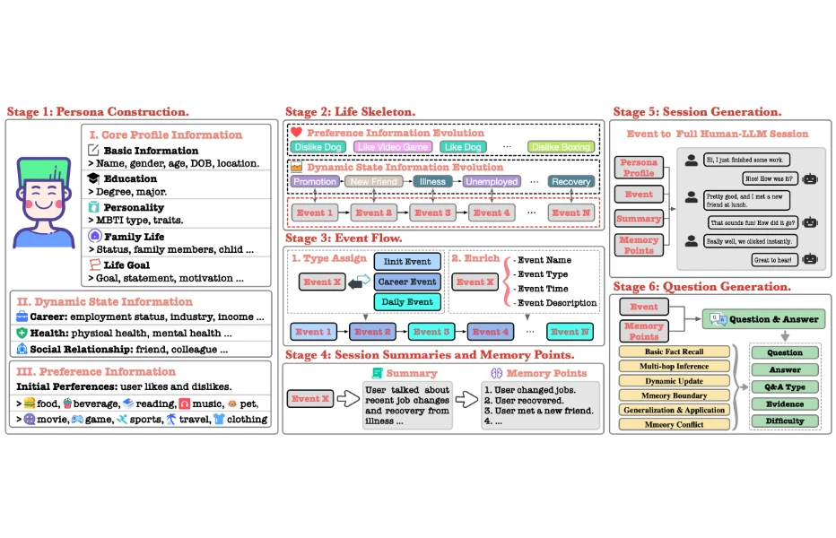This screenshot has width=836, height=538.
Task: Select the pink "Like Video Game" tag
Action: [x=391, y=146]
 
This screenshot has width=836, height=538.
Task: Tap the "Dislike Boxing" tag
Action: [x=561, y=146]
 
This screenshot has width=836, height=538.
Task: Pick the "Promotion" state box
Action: [x=314, y=181]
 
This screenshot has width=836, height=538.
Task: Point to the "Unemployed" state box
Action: [x=491, y=181]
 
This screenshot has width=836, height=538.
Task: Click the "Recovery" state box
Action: [x=571, y=181]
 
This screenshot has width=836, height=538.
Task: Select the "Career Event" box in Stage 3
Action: [x=407, y=282]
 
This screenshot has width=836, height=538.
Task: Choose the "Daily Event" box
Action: [x=407, y=301]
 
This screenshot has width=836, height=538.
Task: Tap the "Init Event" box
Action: [x=407, y=262]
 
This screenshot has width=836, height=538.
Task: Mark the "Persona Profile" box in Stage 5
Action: [x=639, y=168]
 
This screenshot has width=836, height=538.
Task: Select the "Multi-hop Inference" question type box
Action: [x=675, y=366]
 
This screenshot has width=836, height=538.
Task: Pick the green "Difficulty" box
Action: [x=785, y=421]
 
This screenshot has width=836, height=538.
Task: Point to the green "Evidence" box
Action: [x=785, y=403]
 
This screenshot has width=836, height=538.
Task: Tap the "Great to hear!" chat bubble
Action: [x=774, y=259]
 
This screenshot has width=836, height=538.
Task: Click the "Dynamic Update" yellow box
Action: [x=675, y=380]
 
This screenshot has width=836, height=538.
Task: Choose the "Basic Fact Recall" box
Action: [x=675, y=351]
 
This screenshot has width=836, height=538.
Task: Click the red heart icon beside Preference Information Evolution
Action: [x=296, y=132]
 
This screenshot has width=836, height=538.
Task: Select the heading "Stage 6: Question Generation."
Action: [x=701, y=287]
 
